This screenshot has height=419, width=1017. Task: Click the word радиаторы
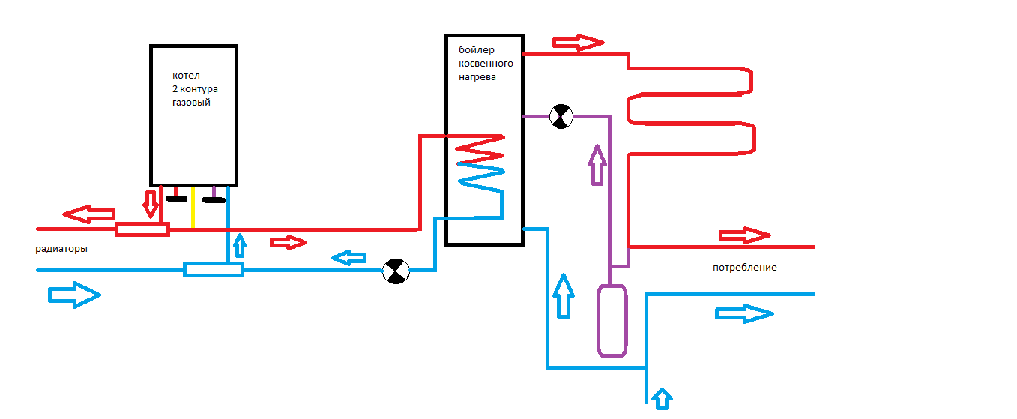(61, 250)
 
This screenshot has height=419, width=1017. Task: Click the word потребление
(744, 268)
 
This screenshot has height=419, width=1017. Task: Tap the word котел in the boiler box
(186, 76)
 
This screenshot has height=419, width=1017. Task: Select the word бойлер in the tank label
(477, 50)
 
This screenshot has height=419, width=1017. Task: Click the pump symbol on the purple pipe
(561, 116)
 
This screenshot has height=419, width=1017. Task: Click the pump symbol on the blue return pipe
(396, 271)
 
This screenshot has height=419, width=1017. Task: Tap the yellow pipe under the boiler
(193, 208)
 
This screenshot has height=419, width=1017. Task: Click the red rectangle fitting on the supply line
(142, 229)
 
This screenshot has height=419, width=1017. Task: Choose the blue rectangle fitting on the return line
(214, 269)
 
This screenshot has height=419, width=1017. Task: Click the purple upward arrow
(597, 165)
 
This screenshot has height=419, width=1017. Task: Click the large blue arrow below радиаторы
(73, 295)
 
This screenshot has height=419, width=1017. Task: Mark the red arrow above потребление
(744, 235)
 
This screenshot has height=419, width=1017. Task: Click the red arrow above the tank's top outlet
(578, 42)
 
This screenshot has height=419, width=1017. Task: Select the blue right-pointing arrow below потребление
(744, 313)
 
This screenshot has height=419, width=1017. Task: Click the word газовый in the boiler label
(191, 103)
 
